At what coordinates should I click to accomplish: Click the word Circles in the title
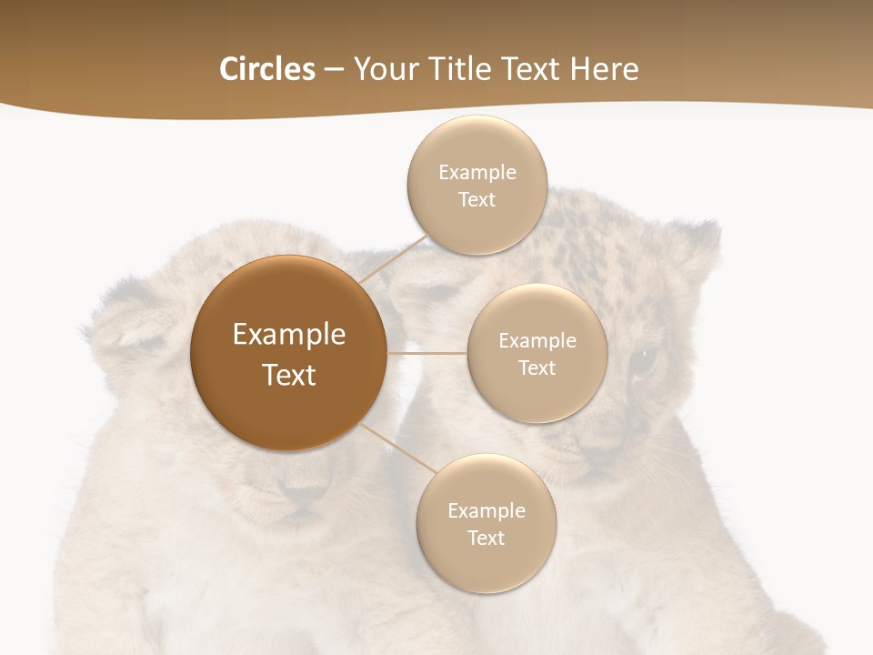coord(266,69)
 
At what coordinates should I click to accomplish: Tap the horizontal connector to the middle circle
coord(427,353)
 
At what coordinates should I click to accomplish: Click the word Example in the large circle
coord(288,335)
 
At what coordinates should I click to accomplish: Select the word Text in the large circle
coord(288,375)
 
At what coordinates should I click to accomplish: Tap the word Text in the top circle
coord(477,200)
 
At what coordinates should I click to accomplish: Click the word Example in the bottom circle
coord(486,511)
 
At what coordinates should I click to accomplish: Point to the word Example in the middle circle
coord(537,341)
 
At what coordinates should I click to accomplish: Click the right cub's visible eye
coord(644,358)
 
